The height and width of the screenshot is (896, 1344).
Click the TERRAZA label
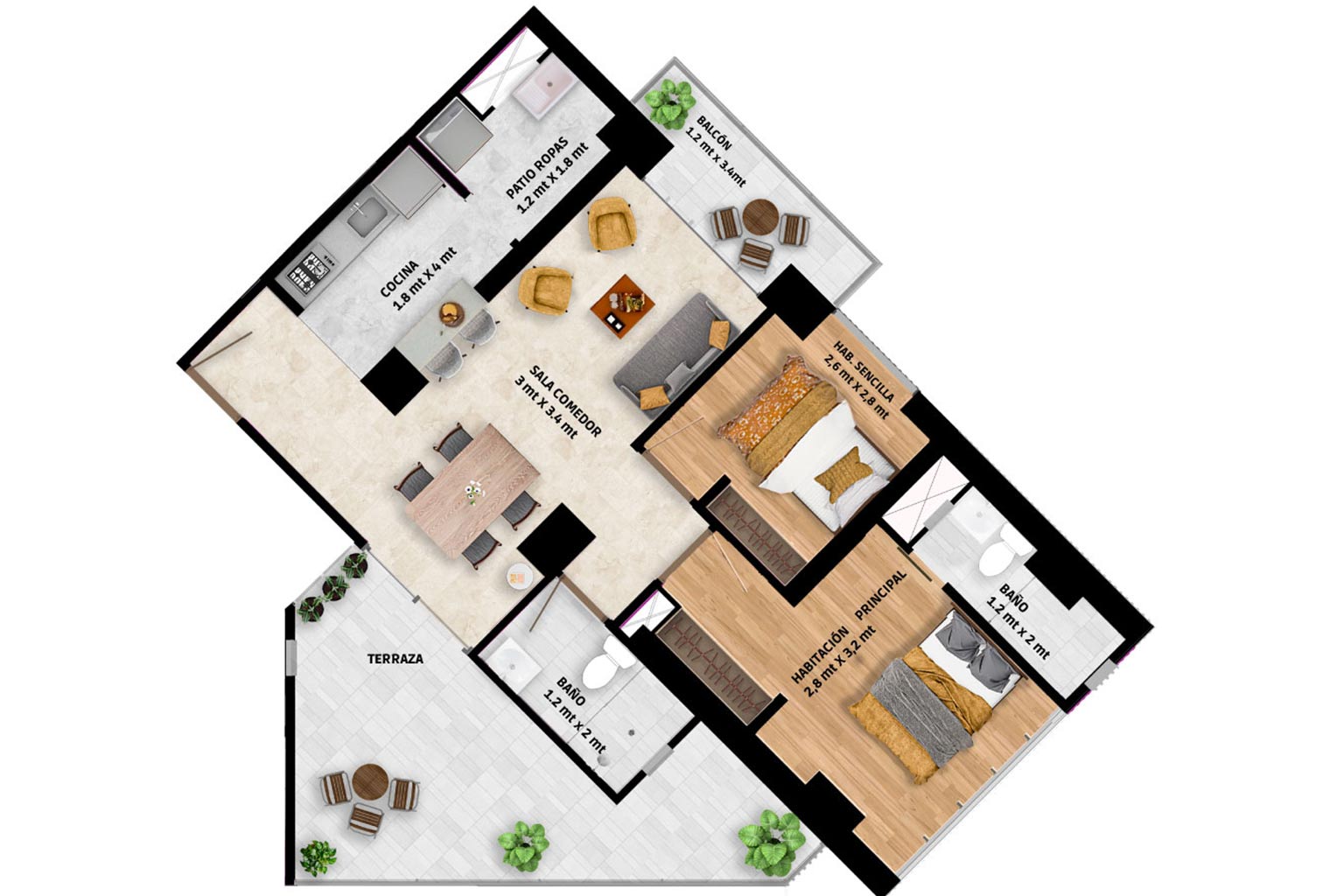[x=395, y=659]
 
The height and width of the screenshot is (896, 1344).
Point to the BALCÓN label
[x=714, y=133]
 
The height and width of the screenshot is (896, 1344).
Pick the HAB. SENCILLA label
[x=864, y=371]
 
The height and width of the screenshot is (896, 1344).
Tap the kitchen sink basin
[x=367, y=216]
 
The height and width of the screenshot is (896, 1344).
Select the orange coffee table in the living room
[x=622, y=306]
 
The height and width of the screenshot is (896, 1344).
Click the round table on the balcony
[x=760, y=217]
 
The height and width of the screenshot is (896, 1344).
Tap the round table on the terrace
[x=369, y=780]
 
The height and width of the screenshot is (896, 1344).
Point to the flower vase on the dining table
[x=474, y=492]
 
